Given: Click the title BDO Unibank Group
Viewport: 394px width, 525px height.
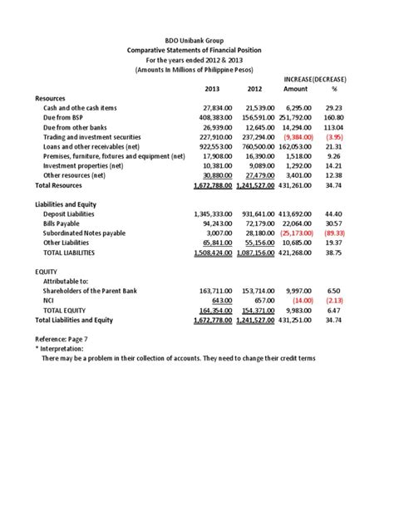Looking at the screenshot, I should (198, 40).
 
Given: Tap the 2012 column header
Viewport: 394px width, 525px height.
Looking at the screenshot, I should (255, 89).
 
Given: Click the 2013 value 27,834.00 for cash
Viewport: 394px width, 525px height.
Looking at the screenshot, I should (215, 108).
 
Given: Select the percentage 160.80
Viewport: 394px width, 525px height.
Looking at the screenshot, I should (334, 118).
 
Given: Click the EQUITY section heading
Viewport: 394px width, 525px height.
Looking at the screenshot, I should (47, 272).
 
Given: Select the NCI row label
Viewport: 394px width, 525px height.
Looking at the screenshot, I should (49, 300).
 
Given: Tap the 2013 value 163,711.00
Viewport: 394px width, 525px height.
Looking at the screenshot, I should (215, 291).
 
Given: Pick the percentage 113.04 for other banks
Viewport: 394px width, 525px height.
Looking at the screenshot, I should (334, 127).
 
